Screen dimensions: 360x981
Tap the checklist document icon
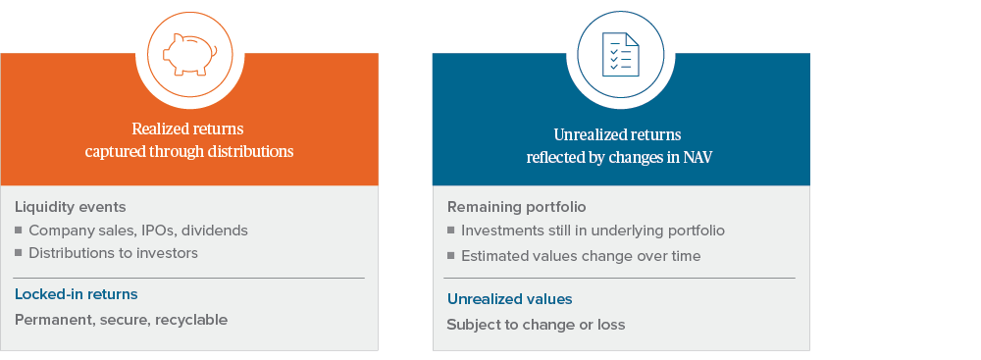620,54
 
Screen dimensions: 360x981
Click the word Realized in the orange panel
159,129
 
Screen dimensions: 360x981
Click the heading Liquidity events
71,207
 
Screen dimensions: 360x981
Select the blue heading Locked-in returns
76,294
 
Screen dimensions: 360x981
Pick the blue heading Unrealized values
509,298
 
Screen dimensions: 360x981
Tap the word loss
608,325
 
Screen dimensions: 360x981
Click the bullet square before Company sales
19,231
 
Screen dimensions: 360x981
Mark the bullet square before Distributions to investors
19,253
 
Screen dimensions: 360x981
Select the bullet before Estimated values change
451,256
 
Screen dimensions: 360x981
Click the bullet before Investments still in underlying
451,231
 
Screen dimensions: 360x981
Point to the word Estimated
495,256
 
